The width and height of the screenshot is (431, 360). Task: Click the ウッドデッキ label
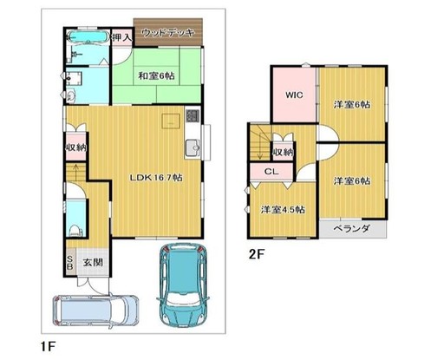pyautogui.click(x=167, y=34)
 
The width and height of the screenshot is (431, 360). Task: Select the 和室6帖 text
pyautogui.click(x=155, y=75)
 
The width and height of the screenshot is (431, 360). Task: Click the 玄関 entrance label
pyautogui.click(x=93, y=261)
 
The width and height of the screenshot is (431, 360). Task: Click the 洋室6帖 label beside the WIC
pyautogui.click(x=351, y=105)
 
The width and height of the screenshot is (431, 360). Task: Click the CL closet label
pyautogui.click(x=271, y=172)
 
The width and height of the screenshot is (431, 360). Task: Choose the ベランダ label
pyautogui.click(x=352, y=229)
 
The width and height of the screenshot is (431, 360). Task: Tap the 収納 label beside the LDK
pyautogui.click(x=75, y=148)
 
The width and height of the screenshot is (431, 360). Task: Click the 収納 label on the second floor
pyautogui.click(x=283, y=152)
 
